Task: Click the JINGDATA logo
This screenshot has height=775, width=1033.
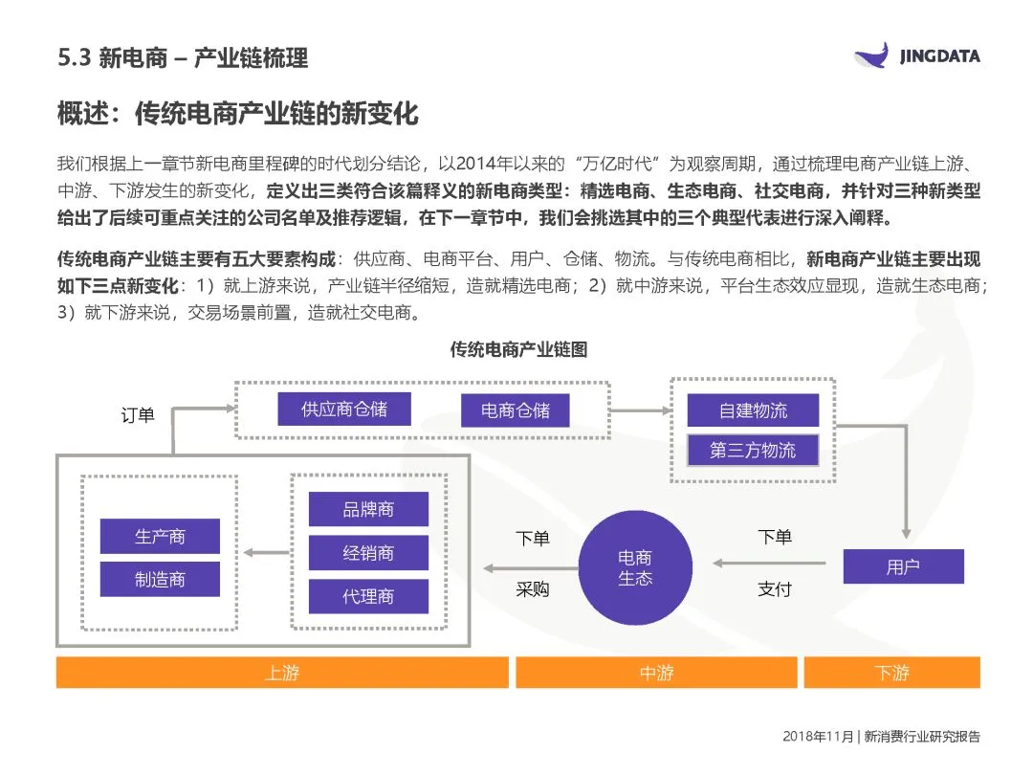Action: [x=916, y=56]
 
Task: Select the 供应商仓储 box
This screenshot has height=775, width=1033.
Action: [x=343, y=410]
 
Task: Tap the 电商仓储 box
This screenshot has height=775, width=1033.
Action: [x=516, y=411]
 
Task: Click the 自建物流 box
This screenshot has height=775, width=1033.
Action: [x=753, y=410]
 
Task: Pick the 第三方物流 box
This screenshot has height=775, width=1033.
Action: [x=753, y=450]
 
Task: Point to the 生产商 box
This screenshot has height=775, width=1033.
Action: [x=160, y=537]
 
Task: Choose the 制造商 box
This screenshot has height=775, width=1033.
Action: [x=160, y=579]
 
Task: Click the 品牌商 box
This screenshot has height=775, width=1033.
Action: [x=368, y=510]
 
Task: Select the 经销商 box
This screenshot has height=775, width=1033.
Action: [x=368, y=553]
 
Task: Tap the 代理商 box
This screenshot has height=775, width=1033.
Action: [x=368, y=596]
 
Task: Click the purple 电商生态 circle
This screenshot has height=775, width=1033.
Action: [x=635, y=567]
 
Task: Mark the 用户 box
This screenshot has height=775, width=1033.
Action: [x=902, y=566]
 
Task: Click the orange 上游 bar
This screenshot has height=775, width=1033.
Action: [x=282, y=673]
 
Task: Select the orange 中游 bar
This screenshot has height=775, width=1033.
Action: [x=656, y=673]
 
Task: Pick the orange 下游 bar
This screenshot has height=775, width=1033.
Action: [x=891, y=673]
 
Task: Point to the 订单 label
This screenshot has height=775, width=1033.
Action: [x=138, y=415]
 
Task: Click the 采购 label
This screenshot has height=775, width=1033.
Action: [x=533, y=589]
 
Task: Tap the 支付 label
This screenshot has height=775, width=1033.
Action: [x=775, y=589]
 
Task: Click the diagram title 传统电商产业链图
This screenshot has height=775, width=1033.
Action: [x=518, y=350]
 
